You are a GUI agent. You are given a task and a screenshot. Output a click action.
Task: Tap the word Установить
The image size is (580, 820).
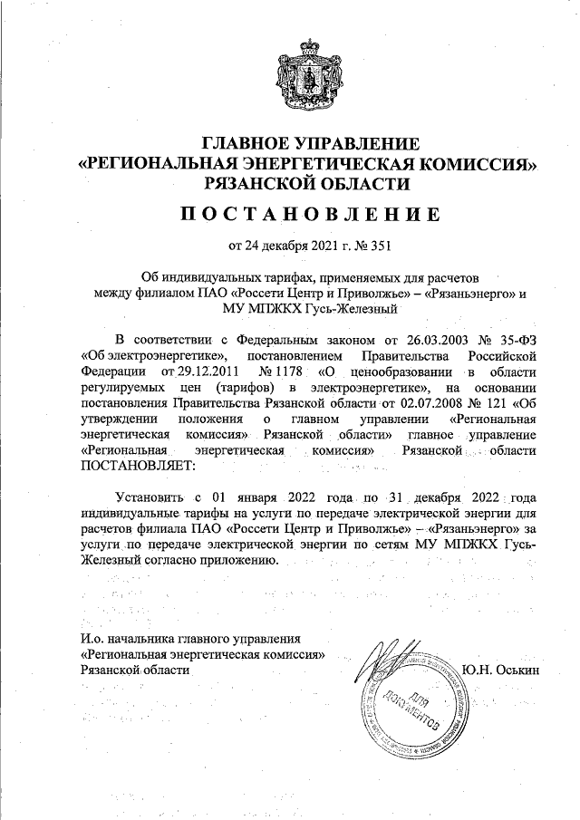tap(150, 497)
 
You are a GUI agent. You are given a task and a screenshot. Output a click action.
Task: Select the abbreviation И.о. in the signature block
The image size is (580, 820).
tap(92, 640)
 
